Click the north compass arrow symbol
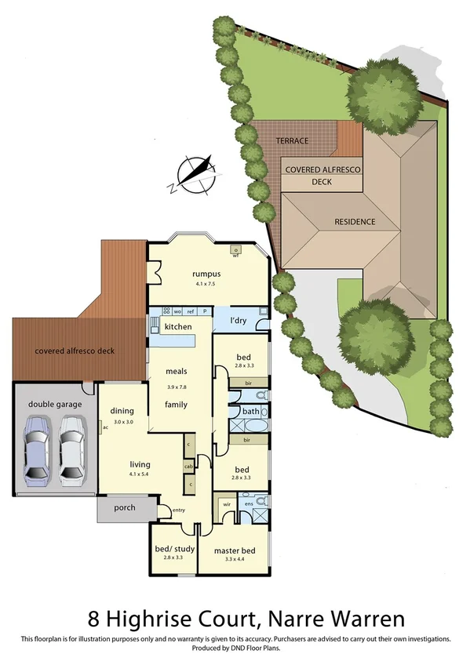(195, 174)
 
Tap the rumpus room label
(206, 274)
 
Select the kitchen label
(178, 326)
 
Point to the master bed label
(235, 551)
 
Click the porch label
(124, 507)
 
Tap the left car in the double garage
(38, 449)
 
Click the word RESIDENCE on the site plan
(355, 222)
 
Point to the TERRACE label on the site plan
(291, 141)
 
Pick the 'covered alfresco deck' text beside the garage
(75, 351)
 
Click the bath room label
(251, 411)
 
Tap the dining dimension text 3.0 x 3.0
(123, 422)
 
